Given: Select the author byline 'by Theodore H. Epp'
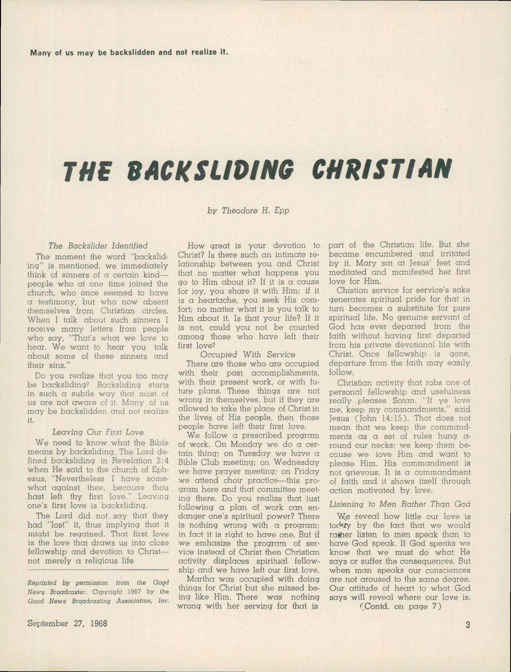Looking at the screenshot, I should [248, 210].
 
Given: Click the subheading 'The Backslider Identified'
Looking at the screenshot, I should [98, 245].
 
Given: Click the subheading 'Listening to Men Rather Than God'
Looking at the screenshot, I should [400, 504].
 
